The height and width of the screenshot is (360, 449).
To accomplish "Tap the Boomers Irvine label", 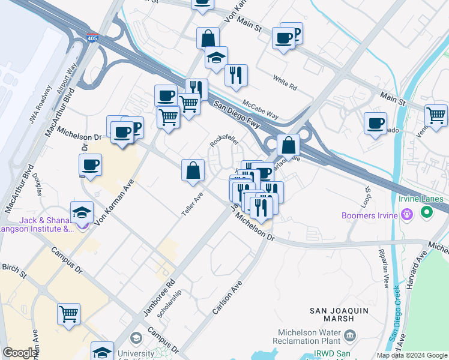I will pos(371,213).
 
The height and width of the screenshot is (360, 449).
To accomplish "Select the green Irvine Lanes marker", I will pos(427,212).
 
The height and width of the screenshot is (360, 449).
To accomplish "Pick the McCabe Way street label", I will pos(261,109).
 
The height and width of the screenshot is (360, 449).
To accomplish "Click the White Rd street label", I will pos(285,83).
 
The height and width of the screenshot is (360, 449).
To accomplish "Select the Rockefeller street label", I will pos(224,140).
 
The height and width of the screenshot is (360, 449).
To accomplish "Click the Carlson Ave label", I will pos(226,298).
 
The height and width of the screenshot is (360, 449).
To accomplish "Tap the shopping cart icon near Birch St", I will pos(69,313).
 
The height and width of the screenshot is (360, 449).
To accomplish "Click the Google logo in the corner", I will pos(19,353).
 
